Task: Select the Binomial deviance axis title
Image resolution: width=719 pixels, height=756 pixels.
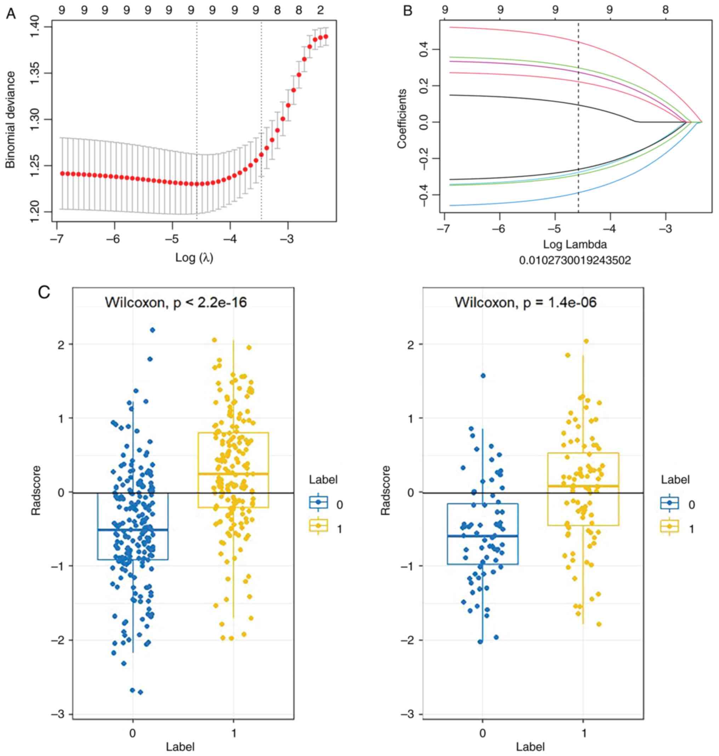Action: tap(11, 119)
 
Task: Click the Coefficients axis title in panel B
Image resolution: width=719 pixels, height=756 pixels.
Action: tap(401, 119)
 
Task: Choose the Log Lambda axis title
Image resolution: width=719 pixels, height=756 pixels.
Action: tap(575, 244)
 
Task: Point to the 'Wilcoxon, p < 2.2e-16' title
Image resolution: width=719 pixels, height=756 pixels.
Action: tap(176, 303)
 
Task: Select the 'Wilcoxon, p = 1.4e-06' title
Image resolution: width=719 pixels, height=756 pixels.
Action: tap(525, 303)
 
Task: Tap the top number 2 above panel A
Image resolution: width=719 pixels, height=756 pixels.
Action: tap(320, 11)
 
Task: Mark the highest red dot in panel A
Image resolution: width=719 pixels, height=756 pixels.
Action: tap(326, 37)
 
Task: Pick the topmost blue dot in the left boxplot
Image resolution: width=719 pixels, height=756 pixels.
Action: tap(153, 330)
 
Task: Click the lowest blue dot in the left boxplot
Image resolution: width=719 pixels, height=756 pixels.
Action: tap(140, 692)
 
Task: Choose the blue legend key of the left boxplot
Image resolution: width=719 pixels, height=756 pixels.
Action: tap(318, 502)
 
